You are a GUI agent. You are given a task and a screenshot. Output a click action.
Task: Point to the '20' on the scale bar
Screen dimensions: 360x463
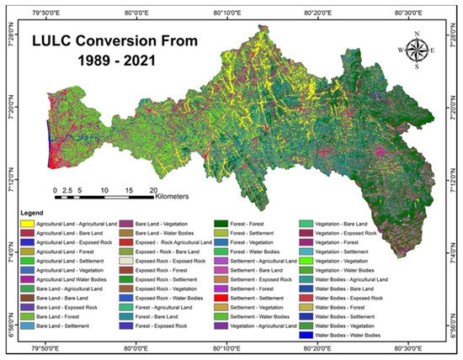[152, 191]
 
